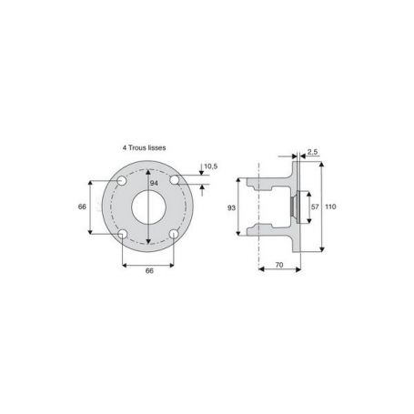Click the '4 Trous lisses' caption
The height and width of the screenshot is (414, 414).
[x=144, y=147]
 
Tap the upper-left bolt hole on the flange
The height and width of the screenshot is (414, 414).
[x=122, y=181]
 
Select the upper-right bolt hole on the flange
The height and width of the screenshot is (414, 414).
[x=175, y=180]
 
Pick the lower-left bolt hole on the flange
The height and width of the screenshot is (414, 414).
[x=123, y=234]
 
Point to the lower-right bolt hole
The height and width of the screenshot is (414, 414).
[x=174, y=234]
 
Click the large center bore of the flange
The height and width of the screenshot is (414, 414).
[x=148, y=207]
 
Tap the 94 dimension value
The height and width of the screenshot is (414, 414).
[x=154, y=184]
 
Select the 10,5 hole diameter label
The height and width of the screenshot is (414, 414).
[x=211, y=167]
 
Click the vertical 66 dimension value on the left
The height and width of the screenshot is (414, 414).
[x=82, y=207]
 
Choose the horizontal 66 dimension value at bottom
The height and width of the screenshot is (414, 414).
[x=149, y=271]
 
